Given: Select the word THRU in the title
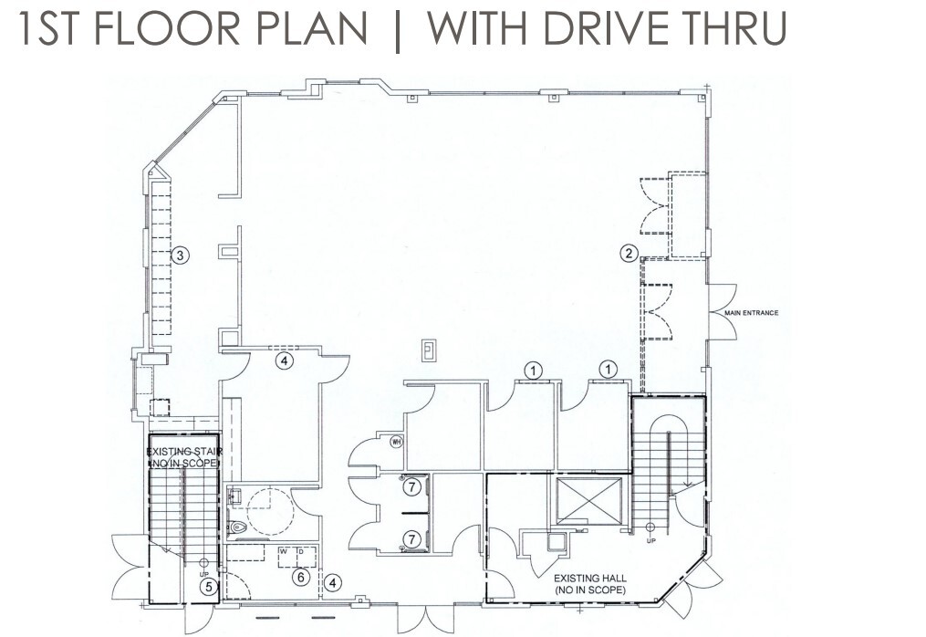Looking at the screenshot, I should [x=740, y=29].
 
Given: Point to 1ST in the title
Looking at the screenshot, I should [x=51, y=29].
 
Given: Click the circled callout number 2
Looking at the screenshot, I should [x=629, y=254].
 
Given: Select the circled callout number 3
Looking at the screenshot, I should [x=181, y=256].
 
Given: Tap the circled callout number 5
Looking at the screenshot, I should [x=209, y=587].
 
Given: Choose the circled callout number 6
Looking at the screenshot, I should [x=299, y=576].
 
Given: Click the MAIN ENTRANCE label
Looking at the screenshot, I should [x=752, y=313].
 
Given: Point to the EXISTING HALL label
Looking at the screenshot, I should [x=590, y=584].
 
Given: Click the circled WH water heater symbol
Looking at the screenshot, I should [x=396, y=443].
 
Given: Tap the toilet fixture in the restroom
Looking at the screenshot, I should [x=240, y=527].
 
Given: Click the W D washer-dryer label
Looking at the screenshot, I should [x=290, y=551].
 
